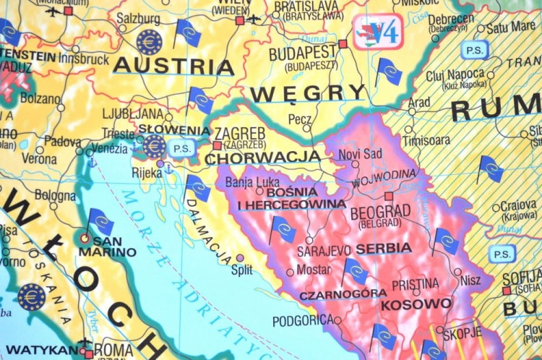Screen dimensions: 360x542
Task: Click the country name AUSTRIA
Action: pos(174,66)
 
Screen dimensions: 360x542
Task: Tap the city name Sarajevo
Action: pos(324,250)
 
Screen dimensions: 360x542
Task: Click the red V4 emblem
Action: pos(377,31)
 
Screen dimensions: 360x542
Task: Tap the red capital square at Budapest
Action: pos(343,44)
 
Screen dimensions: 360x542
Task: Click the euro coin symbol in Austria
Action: pos(150,41)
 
